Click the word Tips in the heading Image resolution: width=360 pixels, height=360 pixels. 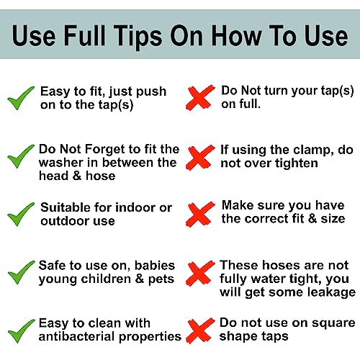click(138, 36)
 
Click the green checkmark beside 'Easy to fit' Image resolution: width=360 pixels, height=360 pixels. click(21, 98)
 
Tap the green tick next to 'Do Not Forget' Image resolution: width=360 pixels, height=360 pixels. click(21, 156)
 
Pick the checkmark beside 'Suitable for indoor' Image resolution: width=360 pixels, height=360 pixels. click(21, 215)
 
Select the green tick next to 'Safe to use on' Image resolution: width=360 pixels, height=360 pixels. click(21, 272)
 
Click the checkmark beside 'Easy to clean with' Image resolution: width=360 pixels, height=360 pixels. click(21, 331)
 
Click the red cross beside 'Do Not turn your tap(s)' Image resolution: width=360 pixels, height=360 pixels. click(200, 98)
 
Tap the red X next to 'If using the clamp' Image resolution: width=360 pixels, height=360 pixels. click(200, 158)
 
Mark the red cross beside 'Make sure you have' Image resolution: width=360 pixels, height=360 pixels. click(200, 215)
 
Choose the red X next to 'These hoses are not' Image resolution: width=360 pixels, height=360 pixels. click(200, 273)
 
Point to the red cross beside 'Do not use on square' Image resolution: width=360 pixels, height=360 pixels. click(200, 330)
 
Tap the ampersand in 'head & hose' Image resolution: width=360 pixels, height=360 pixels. click(77, 176)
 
